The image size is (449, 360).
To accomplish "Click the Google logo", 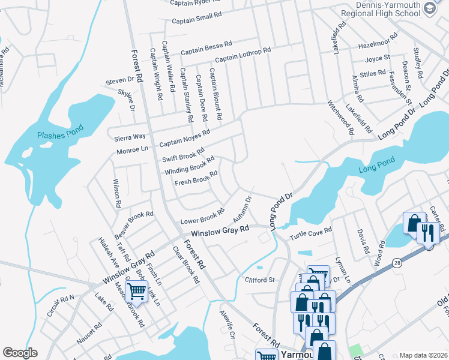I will pos(20,353).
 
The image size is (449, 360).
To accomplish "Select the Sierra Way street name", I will pos(130,137).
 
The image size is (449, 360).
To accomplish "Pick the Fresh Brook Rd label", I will pos(196,178).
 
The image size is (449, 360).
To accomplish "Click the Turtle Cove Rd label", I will pos(311,232).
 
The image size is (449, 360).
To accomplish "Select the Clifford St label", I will pos(259,280).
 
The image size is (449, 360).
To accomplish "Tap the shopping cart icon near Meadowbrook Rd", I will pos(137,292).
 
